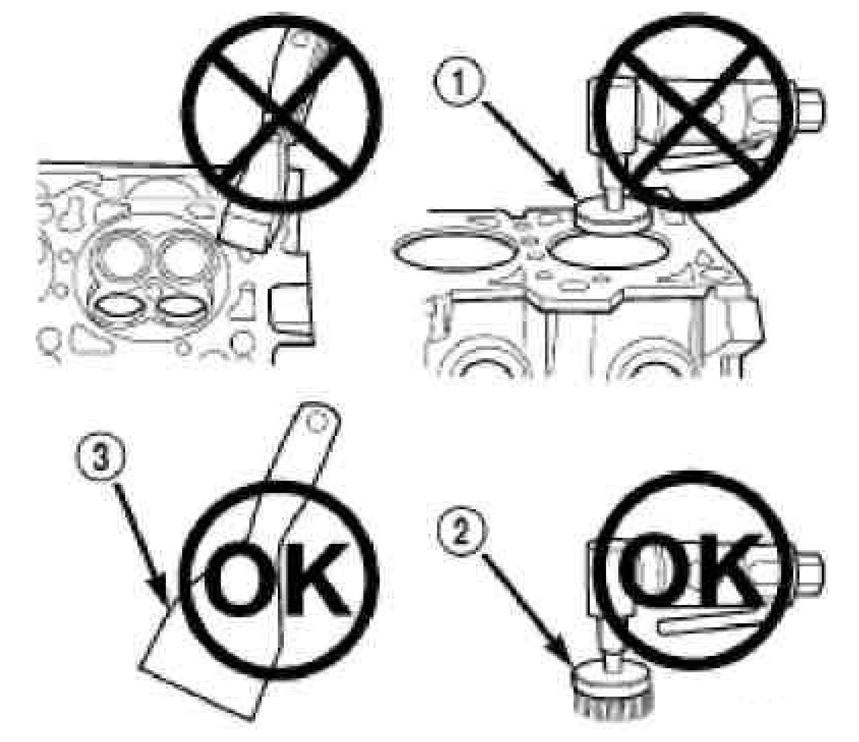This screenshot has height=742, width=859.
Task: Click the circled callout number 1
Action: coord(459,86)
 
